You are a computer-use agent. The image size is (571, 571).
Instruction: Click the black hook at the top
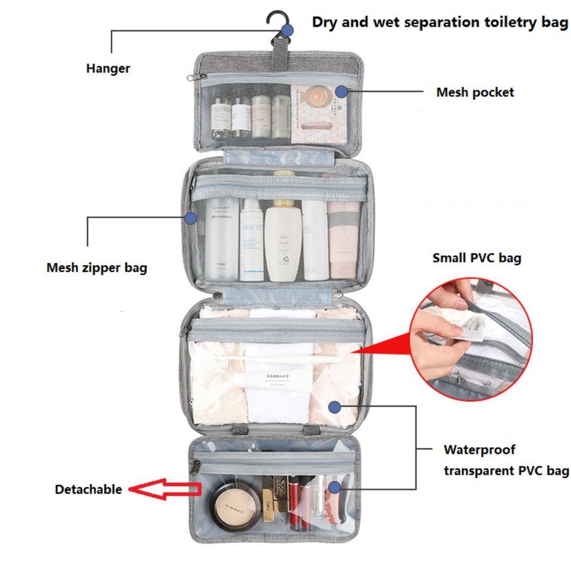275,24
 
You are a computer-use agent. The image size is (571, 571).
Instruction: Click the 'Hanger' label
108,68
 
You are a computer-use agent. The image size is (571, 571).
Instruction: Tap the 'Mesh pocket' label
475,92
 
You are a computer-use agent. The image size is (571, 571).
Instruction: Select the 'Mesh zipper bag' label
96,268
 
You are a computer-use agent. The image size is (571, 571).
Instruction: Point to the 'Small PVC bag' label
476,258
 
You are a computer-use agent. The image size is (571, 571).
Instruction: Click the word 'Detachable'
88,490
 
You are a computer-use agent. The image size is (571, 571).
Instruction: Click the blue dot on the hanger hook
288,29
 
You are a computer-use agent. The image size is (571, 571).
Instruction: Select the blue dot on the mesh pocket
340,91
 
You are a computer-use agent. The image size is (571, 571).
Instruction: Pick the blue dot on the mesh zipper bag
190,218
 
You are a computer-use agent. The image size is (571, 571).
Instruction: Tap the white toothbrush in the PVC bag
291,359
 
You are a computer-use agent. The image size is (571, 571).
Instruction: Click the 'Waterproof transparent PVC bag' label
506,460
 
